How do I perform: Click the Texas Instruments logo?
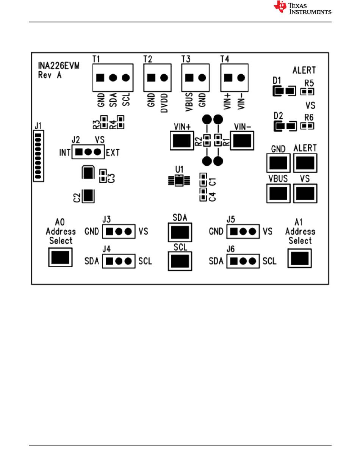pos(302,8)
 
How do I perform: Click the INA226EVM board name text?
pos(59,66)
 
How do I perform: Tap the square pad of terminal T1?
pos(100,78)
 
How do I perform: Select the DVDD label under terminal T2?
pos(164,103)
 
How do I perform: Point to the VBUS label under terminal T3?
pos(189,102)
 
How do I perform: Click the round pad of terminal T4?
pos(241,78)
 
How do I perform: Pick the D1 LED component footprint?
pos(284,91)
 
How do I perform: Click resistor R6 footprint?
pos(307,126)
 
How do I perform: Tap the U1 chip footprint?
pos(179,180)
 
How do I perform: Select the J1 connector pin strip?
pos(38,156)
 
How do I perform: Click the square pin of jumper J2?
pos(79,152)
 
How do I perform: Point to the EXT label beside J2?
pos(113,153)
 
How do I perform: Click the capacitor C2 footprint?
pos(88,196)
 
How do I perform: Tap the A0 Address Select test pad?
pos(60,257)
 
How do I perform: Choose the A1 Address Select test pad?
pos(300,258)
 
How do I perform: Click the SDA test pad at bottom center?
pos(180,232)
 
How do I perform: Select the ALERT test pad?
pos(305,163)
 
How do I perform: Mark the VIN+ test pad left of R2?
pos(182,141)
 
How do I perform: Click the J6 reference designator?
pos(230,249)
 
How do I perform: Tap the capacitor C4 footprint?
pos(203,195)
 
